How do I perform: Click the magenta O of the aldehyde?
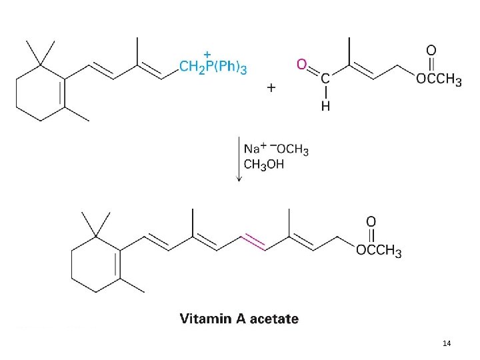click(302, 64)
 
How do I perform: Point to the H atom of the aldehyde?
click(325, 105)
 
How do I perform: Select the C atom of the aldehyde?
click(325, 79)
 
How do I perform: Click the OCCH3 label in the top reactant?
click(438, 80)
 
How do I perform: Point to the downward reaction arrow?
click(239, 159)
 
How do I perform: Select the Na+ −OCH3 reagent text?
click(276, 149)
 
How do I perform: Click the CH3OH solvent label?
click(264, 164)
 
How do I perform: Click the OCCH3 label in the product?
click(379, 251)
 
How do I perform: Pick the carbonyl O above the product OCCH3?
click(371, 221)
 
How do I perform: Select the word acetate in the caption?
click(275, 319)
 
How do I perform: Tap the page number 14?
click(447, 343)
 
